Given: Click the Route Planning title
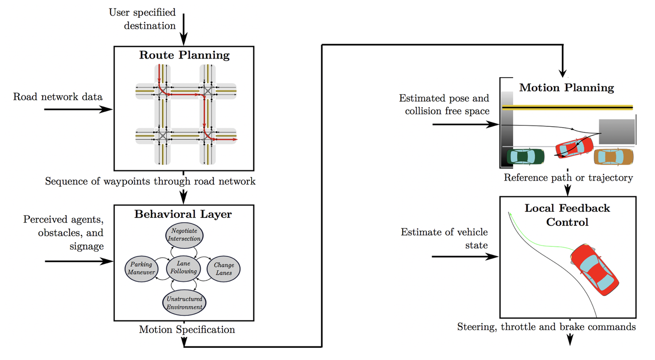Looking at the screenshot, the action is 184,55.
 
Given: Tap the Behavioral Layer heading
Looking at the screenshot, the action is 183,214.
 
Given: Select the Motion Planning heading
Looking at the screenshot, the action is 566,88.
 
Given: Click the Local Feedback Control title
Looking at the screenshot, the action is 567,215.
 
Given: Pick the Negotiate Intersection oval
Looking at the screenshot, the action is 184,235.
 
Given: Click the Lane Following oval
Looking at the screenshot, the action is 183,268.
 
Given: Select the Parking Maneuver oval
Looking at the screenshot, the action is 141,269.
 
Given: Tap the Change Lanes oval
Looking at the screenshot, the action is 224,269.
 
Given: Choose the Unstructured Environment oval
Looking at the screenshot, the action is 184,303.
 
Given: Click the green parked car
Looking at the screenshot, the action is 525,157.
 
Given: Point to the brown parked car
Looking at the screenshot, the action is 614,157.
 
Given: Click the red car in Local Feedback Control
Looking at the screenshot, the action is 595,270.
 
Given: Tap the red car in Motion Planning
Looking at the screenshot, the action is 574,148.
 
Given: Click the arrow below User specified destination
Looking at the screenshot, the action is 184,29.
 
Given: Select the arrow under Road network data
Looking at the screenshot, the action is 78,109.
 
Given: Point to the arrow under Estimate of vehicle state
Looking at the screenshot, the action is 465,256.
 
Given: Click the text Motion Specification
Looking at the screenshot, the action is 187,330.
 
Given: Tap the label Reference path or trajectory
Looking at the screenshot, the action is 568,178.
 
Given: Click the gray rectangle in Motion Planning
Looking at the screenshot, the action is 617,131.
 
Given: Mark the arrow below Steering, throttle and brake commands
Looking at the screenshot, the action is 570,340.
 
